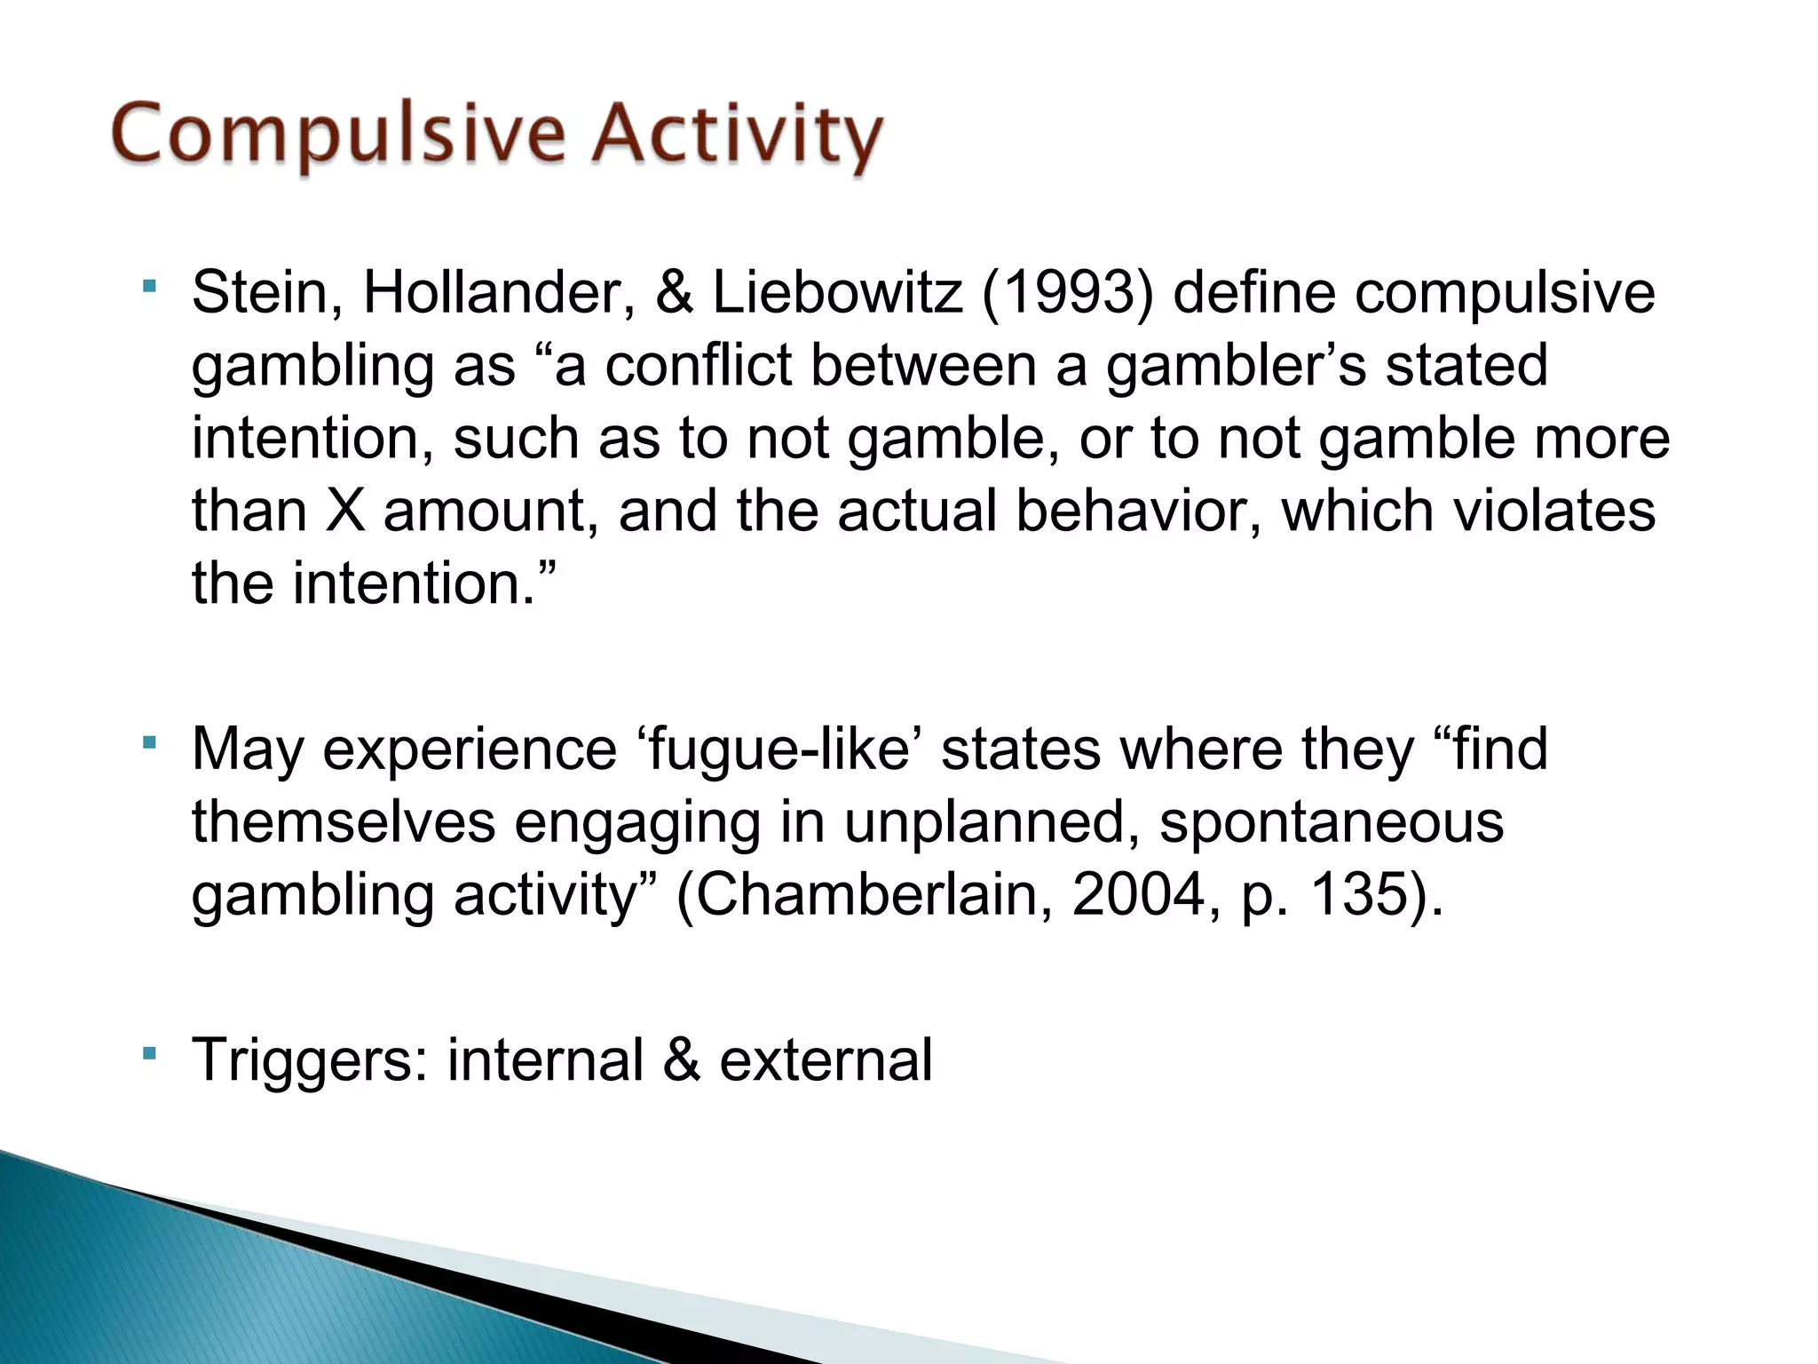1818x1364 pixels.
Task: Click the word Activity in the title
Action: click(737, 138)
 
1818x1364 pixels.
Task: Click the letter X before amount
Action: click(345, 511)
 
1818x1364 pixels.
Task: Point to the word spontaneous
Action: click(1332, 822)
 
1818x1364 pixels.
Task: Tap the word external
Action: click(826, 1061)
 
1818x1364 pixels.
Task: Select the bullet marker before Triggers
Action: click(149, 1053)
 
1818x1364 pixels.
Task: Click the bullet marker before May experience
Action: click(149, 741)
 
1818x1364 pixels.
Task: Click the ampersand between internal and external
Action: click(681, 1061)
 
